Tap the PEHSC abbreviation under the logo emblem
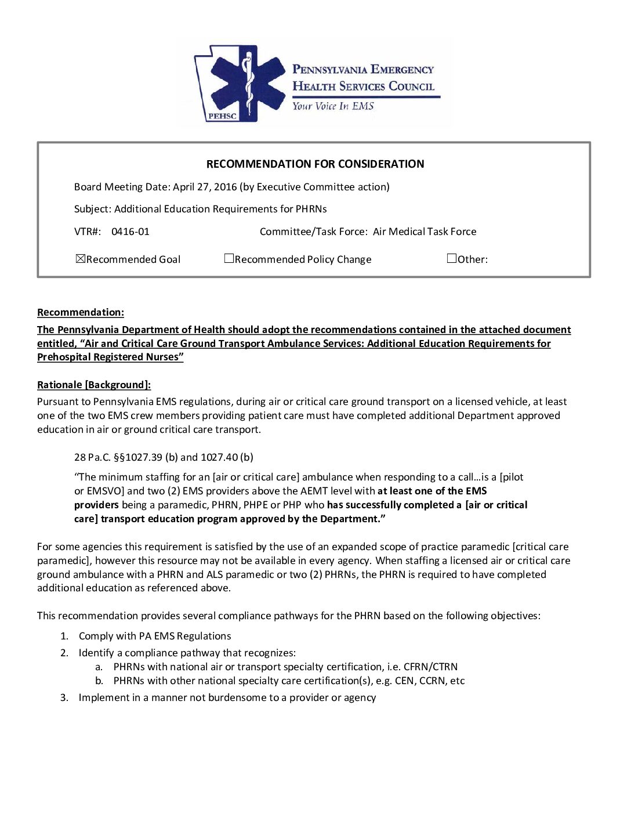[222, 116]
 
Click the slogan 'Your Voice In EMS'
[333, 106]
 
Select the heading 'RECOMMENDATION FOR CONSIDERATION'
[315, 164]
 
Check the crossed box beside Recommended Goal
[81, 259]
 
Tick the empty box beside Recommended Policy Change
[229, 259]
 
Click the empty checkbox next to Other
[452, 259]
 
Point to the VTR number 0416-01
[130, 232]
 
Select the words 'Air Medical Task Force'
[425, 232]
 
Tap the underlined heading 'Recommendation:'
[81, 312]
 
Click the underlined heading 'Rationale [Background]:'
[94, 385]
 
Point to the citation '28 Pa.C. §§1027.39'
[118, 457]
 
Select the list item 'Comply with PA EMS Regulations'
[155, 636]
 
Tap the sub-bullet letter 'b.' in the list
[99, 681]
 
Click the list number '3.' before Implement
[64, 697]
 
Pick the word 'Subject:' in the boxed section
[93, 209]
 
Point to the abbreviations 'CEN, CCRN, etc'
[430, 681]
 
